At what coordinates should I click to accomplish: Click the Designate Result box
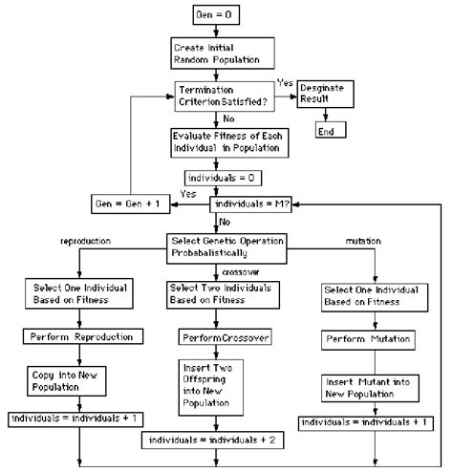pyautogui.click(x=327, y=94)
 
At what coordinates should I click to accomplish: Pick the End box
pyautogui.click(x=326, y=131)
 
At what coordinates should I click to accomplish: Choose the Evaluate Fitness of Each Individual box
pyautogui.click(x=226, y=140)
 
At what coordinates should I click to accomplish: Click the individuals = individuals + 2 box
pyautogui.click(x=210, y=441)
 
